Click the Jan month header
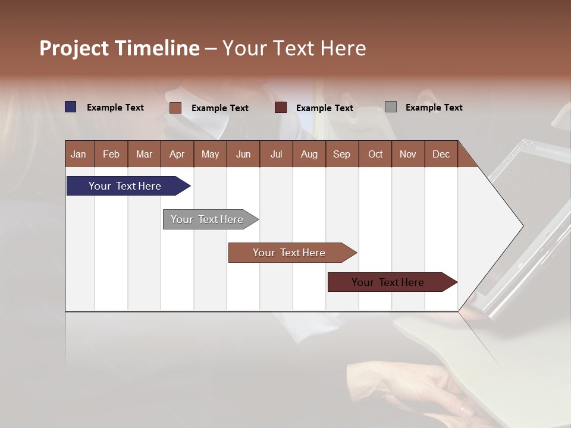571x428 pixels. pyautogui.click(x=79, y=154)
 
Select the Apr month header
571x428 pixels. pyautogui.click(x=177, y=154)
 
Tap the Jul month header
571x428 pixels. pyautogui.click(x=276, y=154)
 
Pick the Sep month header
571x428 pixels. pyautogui.click(x=342, y=154)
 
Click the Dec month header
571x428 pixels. pyautogui.click(x=441, y=154)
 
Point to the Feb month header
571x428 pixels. pyautogui.click(x=111, y=154)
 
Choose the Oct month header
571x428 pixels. pyautogui.click(x=375, y=154)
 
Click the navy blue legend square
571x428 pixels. pyautogui.click(x=70, y=107)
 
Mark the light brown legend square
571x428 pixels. pyautogui.click(x=175, y=108)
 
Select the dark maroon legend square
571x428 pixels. pyautogui.click(x=281, y=108)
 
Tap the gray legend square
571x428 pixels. pyautogui.click(x=390, y=107)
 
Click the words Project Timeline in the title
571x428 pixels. pyautogui.click(x=119, y=48)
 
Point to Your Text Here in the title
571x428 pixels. pyautogui.click(x=294, y=48)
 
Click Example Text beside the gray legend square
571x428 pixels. pyautogui.click(x=434, y=108)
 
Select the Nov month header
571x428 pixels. pyautogui.click(x=408, y=154)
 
